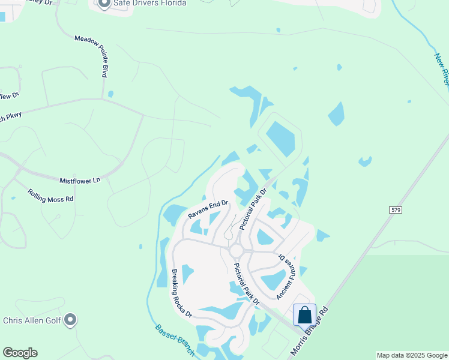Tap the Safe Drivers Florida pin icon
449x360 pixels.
(x=103, y=4)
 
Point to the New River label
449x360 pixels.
(x=441, y=70)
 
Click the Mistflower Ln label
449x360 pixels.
(x=79, y=180)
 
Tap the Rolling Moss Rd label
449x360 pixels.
(x=50, y=195)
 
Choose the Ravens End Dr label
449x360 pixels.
(x=208, y=209)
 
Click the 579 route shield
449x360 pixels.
(x=395, y=209)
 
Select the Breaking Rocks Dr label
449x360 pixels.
(x=181, y=293)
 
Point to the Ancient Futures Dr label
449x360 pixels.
(x=288, y=275)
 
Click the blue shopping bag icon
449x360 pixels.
(x=304, y=315)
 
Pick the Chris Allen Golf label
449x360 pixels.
(x=32, y=320)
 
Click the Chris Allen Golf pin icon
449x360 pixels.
(x=71, y=320)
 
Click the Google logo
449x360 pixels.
(x=20, y=353)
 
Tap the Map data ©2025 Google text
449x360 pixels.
(x=411, y=355)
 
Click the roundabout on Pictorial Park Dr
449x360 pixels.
(x=236, y=250)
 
